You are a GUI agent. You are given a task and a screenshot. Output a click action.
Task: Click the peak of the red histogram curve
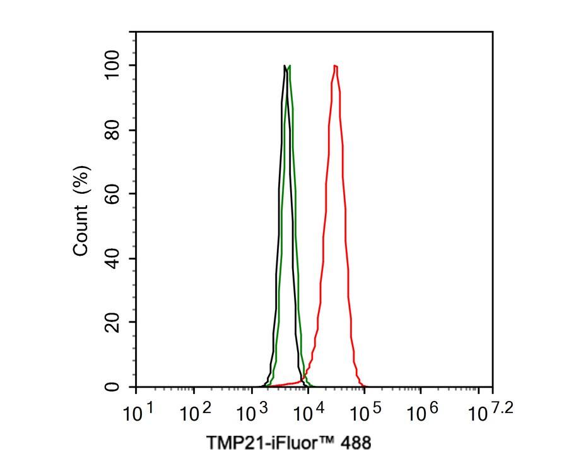coord(335,66)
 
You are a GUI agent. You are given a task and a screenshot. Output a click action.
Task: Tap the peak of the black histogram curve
coord(285,66)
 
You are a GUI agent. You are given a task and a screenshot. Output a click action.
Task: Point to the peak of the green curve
coord(289,66)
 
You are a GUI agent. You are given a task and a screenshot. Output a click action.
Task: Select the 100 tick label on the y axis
coord(113,66)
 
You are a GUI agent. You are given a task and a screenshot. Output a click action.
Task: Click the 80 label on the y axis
coord(113,130)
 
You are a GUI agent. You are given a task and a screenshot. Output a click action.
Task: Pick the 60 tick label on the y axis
coord(113,194)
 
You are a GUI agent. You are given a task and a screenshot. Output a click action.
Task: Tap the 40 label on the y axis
coord(113,258)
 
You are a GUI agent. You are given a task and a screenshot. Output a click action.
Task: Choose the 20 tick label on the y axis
coord(113,322)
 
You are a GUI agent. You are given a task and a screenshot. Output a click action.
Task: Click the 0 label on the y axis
coord(113,386)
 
